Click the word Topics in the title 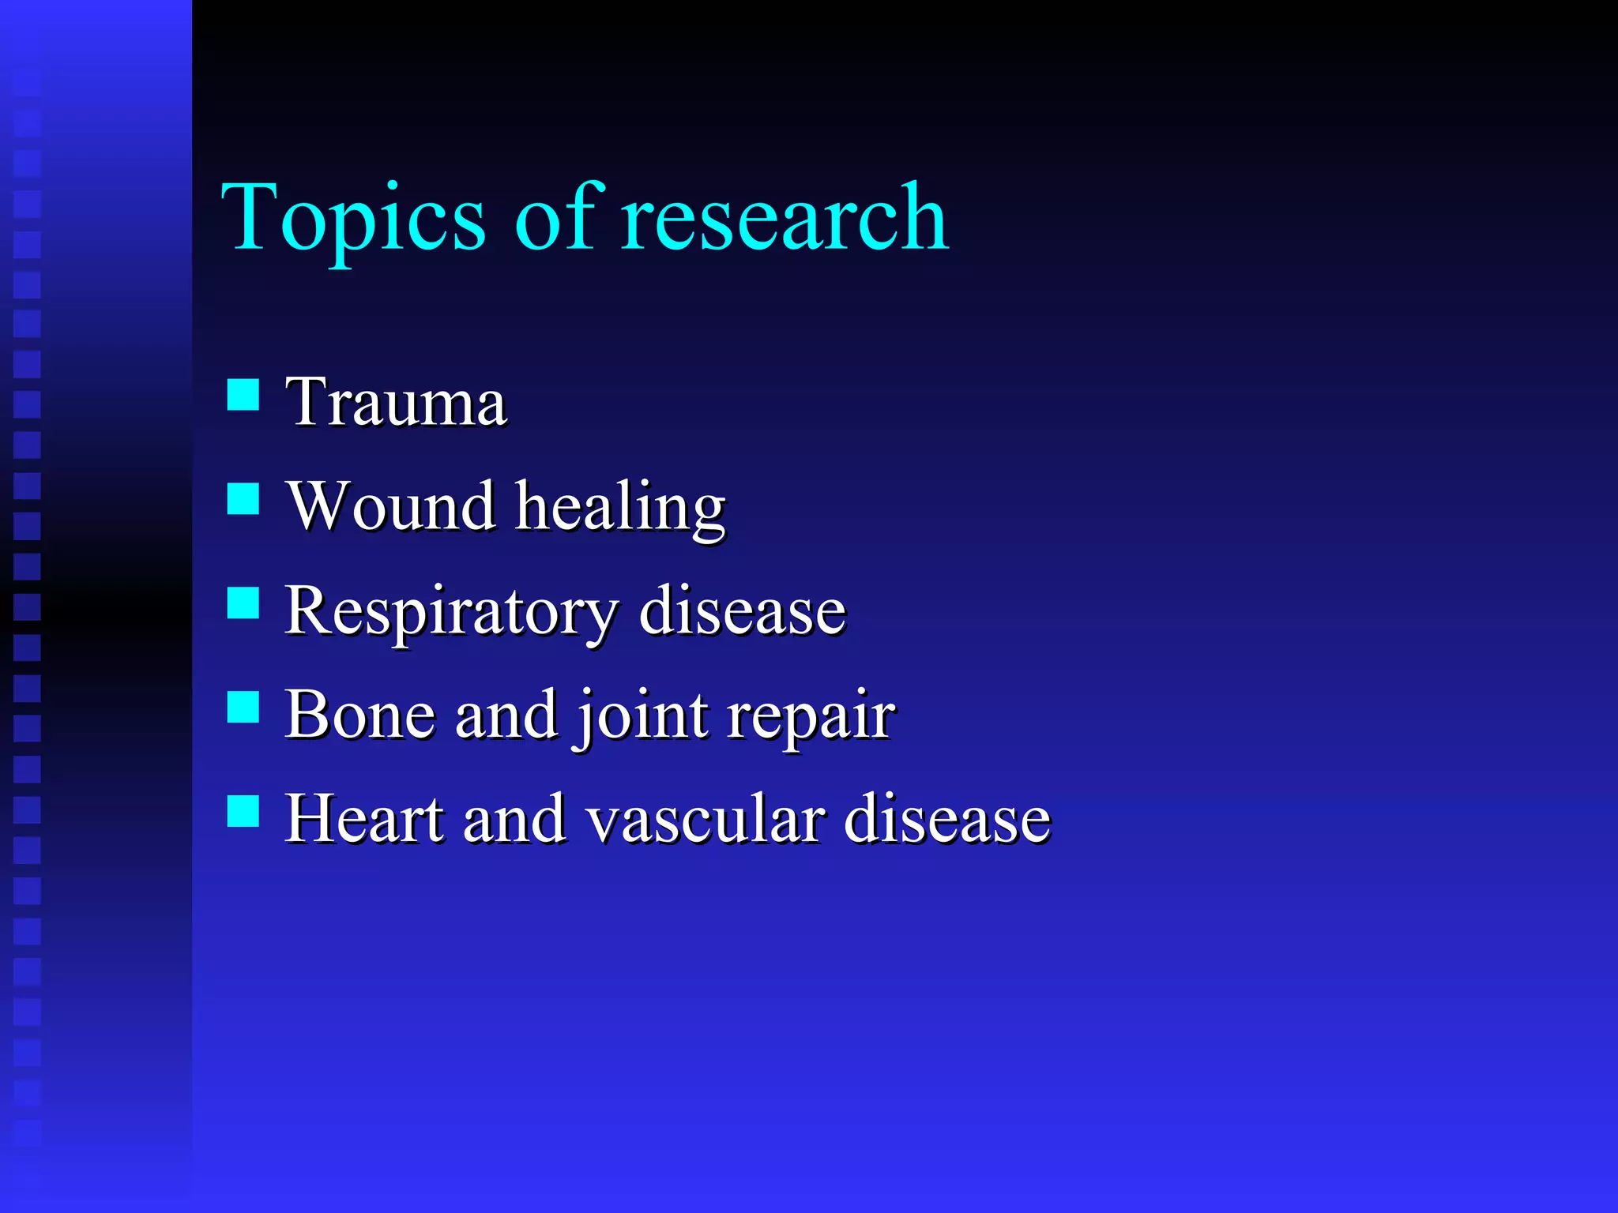click(352, 218)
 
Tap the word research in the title click(784, 218)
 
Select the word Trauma click(395, 403)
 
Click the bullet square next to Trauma click(243, 395)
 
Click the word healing click(620, 509)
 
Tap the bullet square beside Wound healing click(243, 499)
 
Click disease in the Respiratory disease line click(742, 611)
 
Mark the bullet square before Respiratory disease click(243, 603)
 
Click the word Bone click(359, 715)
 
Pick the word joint click(642, 717)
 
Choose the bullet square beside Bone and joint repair click(243, 708)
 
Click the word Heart click(363, 820)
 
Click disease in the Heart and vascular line click(946, 820)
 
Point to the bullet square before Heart click(243, 811)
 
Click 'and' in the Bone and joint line click(506, 715)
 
